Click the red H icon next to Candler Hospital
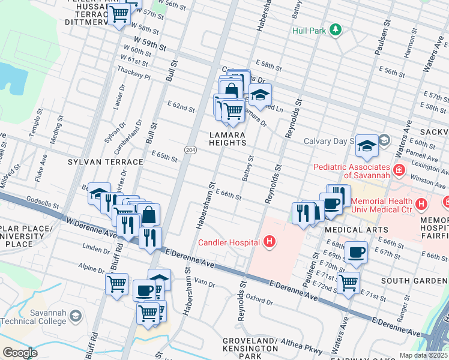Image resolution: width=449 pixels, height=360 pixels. click(x=270, y=242)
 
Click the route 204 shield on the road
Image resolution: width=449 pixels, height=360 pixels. click(x=190, y=149)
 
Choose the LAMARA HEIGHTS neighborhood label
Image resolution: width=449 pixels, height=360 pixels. click(x=228, y=139)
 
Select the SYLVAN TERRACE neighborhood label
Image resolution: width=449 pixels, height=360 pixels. click(x=105, y=162)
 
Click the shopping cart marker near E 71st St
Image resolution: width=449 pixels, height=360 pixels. click(x=348, y=282)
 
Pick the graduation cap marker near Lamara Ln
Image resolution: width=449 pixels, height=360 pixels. click(x=260, y=95)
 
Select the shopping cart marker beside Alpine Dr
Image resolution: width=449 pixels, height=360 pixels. click(x=116, y=284)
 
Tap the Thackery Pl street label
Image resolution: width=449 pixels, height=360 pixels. click(x=134, y=73)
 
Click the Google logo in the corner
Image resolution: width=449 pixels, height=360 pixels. click(x=20, y=353)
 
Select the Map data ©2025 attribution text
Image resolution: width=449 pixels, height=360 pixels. click(x=423, y=355)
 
